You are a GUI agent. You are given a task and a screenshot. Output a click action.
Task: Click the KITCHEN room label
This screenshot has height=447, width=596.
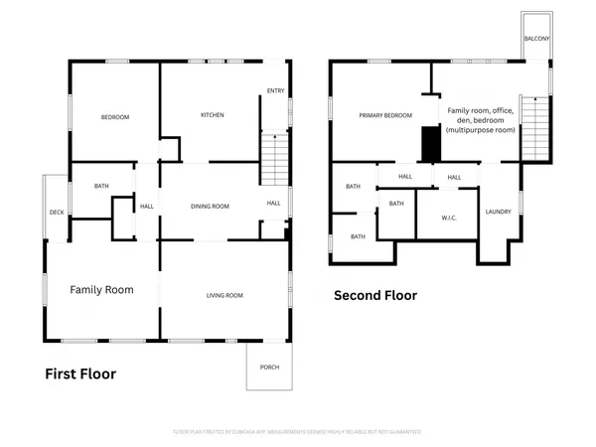(x=213, y=115)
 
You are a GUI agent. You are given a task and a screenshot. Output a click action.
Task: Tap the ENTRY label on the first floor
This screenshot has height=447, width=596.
(x=275, y=92)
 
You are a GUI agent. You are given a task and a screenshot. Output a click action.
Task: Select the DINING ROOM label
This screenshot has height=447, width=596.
(x=210, y=206)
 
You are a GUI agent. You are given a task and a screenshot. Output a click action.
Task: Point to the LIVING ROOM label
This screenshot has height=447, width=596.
(x=224, y=295)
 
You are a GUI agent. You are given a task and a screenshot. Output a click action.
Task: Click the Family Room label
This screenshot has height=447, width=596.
(x=101, y=290)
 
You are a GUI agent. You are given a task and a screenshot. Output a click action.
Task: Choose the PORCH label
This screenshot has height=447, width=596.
(x=270, y=368)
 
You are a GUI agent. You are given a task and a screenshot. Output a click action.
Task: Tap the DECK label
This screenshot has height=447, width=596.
(x=57, y=213)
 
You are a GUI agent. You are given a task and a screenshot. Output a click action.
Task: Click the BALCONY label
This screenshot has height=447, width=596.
(x=536, y=40)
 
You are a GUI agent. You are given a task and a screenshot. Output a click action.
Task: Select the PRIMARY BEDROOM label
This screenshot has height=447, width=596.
(x=385, y=116)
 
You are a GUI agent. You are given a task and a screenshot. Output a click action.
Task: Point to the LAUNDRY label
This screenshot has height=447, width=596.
(x=498, y=212)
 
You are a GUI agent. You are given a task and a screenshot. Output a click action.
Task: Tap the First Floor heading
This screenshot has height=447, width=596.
(x=80, y=374)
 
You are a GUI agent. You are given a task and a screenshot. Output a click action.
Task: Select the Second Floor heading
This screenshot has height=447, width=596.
(x=375, y=295)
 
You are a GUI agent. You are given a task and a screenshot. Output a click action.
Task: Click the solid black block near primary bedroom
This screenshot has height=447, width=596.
(x=430, y=144)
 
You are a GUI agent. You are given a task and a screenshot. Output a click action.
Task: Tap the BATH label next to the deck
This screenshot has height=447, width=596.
(x=101, y=186)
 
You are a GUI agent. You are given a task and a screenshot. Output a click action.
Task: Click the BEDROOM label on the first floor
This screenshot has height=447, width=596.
(x=115, y=117)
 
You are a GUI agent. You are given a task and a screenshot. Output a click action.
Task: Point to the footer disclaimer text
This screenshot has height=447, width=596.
(x=298, y=432)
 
